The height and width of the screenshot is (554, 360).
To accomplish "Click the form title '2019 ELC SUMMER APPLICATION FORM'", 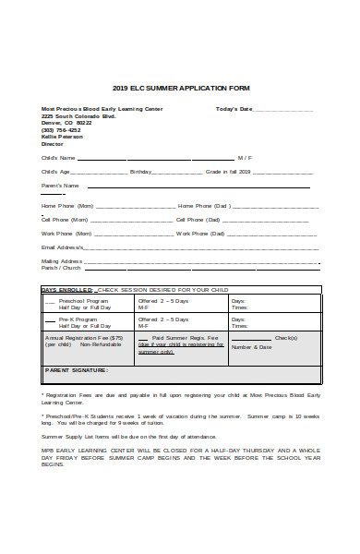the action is point(180,88).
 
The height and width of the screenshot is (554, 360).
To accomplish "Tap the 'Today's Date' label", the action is point(234,109).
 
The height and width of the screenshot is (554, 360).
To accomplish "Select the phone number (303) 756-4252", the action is point(61,130).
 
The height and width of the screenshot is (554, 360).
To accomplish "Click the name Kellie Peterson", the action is point(62,138).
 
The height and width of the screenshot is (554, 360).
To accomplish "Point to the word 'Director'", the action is point(53,145).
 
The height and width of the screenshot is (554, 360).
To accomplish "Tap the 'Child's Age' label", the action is point(55,172).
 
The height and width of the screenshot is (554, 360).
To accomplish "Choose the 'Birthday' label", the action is point(140,172).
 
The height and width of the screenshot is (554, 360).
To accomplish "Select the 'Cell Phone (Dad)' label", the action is point(198,220).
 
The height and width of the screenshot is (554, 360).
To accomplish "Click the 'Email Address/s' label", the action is point(62,247).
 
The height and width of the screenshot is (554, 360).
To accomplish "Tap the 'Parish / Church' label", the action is point(61,268).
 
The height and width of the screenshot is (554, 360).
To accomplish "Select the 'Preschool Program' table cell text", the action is point(84,301).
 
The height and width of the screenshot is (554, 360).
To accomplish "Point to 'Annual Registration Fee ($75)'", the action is point(84,338).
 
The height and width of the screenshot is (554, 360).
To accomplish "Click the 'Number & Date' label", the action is point(251,347).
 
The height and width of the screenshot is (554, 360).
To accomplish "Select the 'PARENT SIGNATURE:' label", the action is point(77,369).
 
